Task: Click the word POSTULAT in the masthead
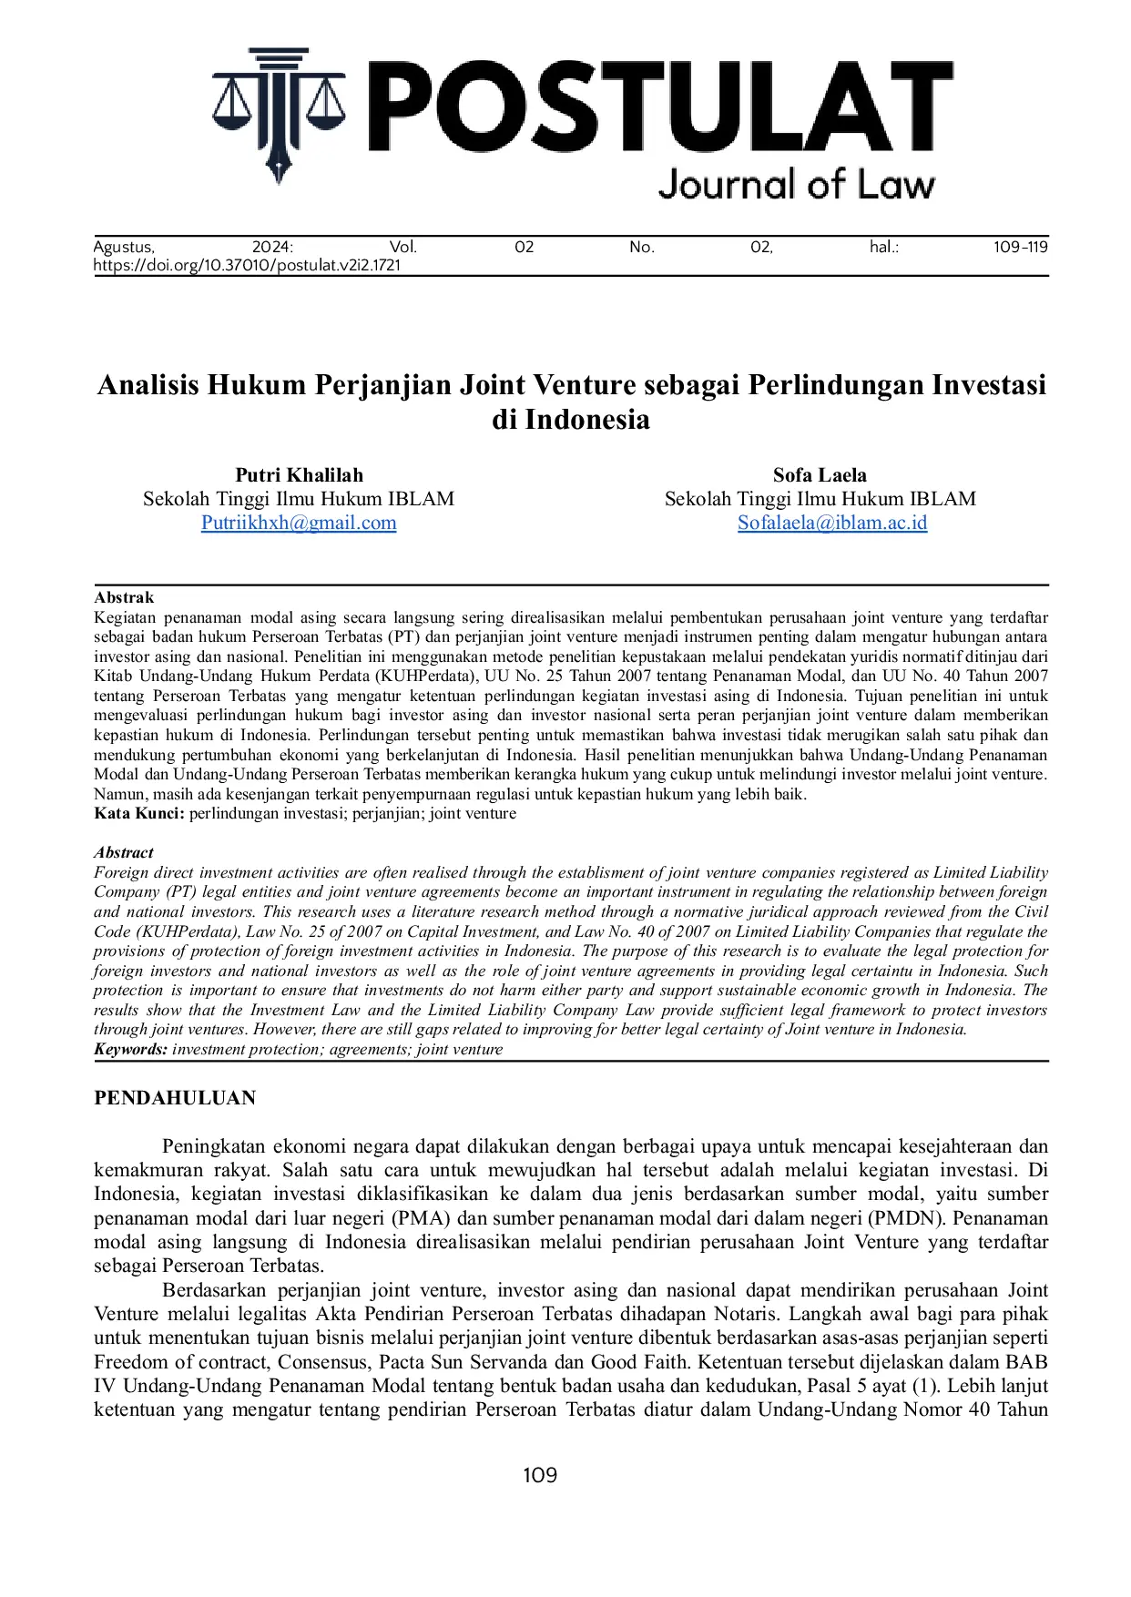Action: [659, 107]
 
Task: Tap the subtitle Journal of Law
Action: [796, 184]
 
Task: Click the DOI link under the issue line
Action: [247, 266]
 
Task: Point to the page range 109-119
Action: [1020, 247]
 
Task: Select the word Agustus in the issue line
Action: [124, 247]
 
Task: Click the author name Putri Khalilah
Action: [299, 474]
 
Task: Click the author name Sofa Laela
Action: [820, 474]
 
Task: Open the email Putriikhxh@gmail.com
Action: [299, 523]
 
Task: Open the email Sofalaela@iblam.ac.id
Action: [832, 523]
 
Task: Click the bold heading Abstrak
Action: [124, 597]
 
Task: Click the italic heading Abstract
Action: [124, 852]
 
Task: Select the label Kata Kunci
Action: [138, 813]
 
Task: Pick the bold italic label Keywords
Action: [130, 1049]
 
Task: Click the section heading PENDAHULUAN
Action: [175, 1098]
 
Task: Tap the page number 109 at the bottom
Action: [540, 1475]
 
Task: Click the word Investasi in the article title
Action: [988, 384]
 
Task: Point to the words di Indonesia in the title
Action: [571, 419]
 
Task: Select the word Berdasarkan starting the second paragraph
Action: [214, 1290]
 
